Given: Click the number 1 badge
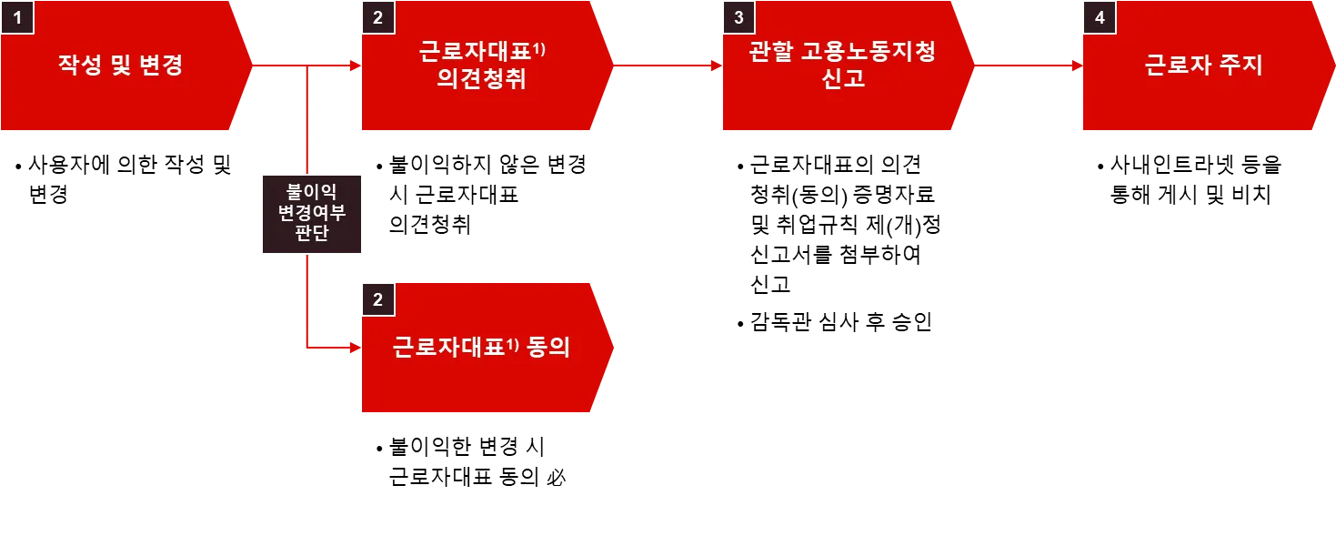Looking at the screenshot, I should tap(16, 17).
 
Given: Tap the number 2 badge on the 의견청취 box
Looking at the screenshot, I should tap(378, 17).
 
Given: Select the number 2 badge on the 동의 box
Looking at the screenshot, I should tap(378, 298).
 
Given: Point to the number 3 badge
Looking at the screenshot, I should tap(738, 17).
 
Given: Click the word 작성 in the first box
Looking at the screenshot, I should tap(79, 66).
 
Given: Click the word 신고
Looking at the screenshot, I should tap(842, 79).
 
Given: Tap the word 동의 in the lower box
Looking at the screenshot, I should tap(548, 348).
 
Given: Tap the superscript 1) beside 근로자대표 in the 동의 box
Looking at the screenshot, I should tap(512, 343).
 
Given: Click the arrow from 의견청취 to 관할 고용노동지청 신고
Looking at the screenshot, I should tap(667, 66).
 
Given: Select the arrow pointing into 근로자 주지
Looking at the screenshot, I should tap(1028, 66).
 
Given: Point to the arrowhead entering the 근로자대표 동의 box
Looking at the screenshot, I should tap(356, 347).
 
